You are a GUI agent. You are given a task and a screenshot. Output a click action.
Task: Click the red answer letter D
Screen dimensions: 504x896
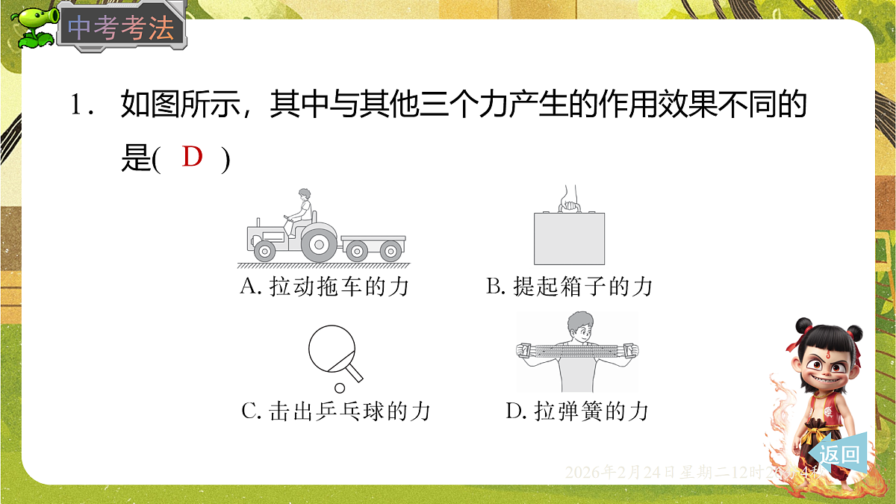coord(192,158)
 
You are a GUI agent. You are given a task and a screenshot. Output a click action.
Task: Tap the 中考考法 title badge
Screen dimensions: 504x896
coord(121,29)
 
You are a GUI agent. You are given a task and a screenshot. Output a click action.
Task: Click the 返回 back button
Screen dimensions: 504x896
coord(839,453)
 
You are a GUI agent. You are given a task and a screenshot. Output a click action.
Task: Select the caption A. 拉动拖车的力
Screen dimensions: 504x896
coord(324,287)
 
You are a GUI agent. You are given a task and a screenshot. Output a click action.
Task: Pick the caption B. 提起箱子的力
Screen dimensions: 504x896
coord(569,287)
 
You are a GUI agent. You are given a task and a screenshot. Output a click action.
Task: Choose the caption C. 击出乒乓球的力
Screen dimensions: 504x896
coord(336,411)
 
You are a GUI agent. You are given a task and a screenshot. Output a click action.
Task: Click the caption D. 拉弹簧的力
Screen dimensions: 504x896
coord(576,411)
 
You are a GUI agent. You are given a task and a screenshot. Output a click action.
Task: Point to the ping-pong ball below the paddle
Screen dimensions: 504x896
coord(340,388)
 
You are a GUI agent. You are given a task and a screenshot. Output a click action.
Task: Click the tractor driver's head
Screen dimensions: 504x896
coord(303,196)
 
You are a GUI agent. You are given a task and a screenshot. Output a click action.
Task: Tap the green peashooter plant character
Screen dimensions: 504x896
coord(31,28)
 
